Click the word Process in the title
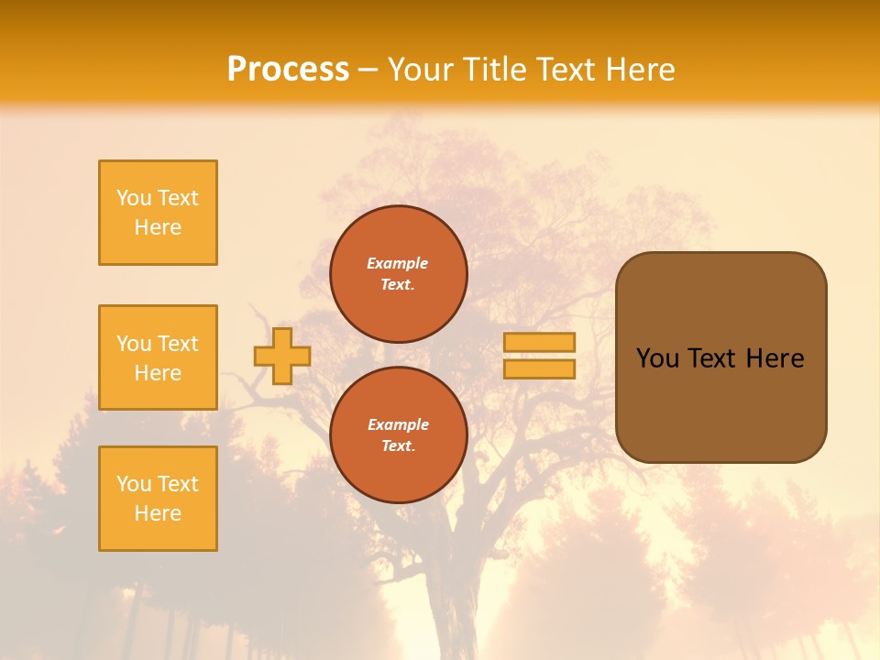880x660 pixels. tap(288, 70)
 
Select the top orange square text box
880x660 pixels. tap(158, 213)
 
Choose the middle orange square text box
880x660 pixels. tap(158, 357)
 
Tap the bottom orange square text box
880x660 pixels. tap(158, 499)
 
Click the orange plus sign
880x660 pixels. tap(282, 356)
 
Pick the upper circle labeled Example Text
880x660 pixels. tap(398, 274)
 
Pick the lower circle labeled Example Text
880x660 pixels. tap(398, 434)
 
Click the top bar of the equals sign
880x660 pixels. tap(539, 342)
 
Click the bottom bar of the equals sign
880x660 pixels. tap(539, 368)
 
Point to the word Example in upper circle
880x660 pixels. tap(398, 263)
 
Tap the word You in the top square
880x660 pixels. tap(134, 198)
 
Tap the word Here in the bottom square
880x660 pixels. tap(158, 513)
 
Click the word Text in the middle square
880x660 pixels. tap(178, 344)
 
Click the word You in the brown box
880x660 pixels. tap(657, 358)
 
